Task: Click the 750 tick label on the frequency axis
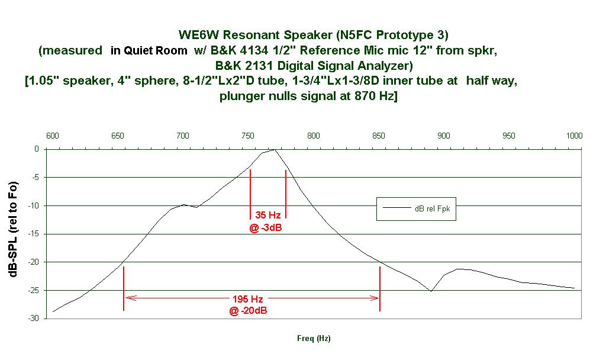(248, 136)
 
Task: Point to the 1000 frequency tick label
(574, 136)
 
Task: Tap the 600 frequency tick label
(53, 136)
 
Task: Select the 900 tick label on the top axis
(444, 136)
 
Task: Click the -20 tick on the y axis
(34, 262)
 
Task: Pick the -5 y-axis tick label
(35, 178)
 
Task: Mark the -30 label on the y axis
(34, 318)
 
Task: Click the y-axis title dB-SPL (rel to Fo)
(13, 229)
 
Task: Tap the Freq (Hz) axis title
(314, 338)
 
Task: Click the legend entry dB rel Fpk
(433, 209)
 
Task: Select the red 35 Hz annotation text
(268, 215)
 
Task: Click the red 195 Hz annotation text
(248, 299)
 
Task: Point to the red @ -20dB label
(248, 310)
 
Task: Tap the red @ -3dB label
(266, 228)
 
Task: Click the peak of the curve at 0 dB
(275, 149)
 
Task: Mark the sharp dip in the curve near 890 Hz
(431, 291)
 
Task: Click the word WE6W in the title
(199, 35)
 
